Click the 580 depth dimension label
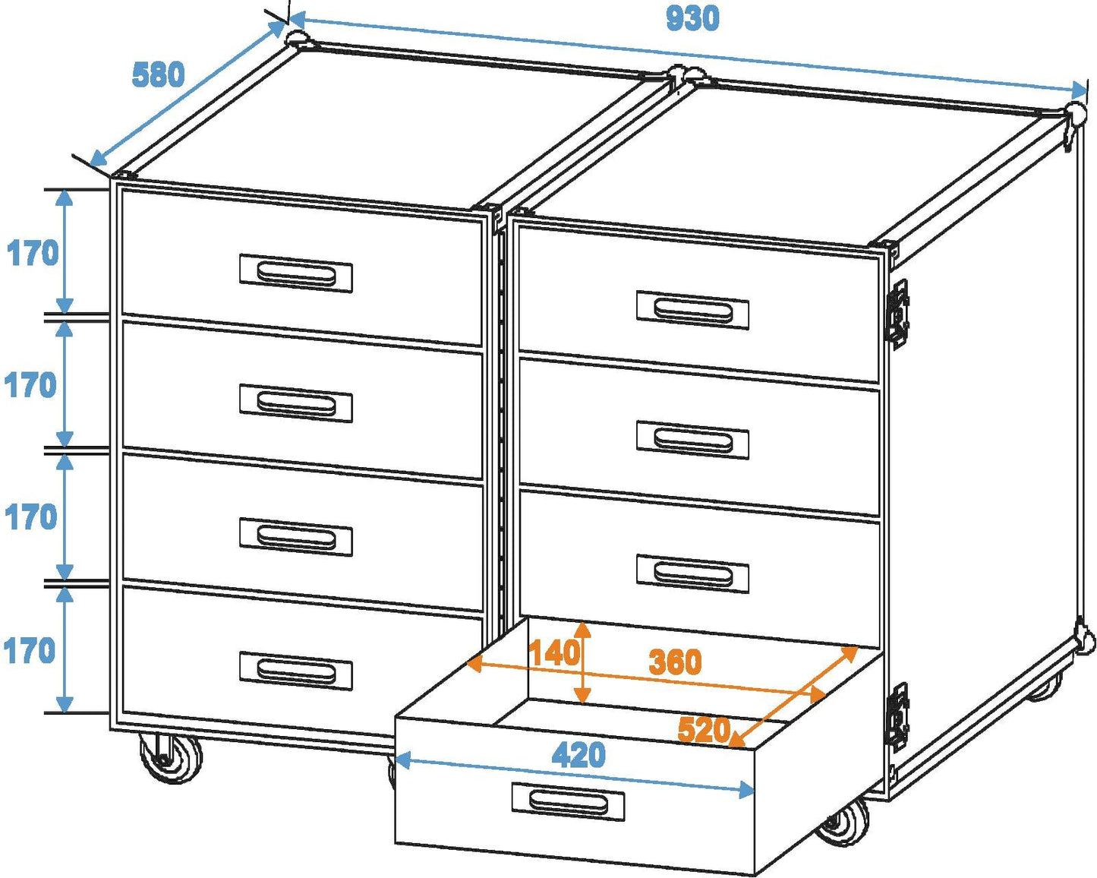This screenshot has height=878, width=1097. tap(158, 75)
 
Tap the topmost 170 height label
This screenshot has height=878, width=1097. tap(33, 253)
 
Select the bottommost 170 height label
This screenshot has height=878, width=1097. tap(30, 651)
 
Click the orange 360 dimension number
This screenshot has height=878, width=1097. tap(675, 662)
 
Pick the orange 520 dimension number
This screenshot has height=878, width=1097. tap(704, 730)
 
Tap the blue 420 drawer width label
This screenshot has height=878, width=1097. tap(578, 755)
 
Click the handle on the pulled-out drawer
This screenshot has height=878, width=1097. tap(568, 801)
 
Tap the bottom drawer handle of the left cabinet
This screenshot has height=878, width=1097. tap(296, 671)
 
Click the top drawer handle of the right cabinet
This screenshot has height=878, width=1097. tap(692, 310)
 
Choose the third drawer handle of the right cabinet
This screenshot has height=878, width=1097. tap(692, 573)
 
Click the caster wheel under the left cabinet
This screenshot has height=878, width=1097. tap(172, 758)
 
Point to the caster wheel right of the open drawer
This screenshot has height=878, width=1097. tap(844, 822)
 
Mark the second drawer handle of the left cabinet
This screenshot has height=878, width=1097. tap(296, 403)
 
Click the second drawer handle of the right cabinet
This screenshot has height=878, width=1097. tap(692, 441)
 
